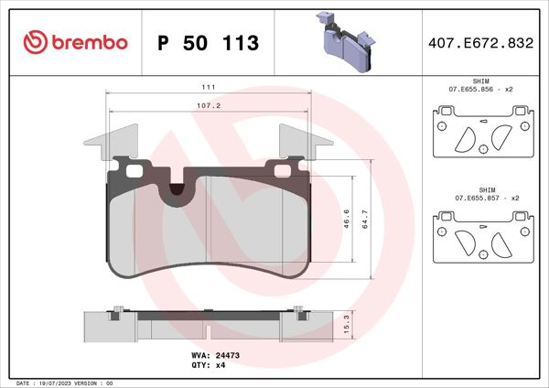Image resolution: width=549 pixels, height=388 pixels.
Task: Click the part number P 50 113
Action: point(208,43)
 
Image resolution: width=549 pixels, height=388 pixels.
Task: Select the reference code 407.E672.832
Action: point(479,43)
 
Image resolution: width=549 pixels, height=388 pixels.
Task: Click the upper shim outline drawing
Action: point(481,135)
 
